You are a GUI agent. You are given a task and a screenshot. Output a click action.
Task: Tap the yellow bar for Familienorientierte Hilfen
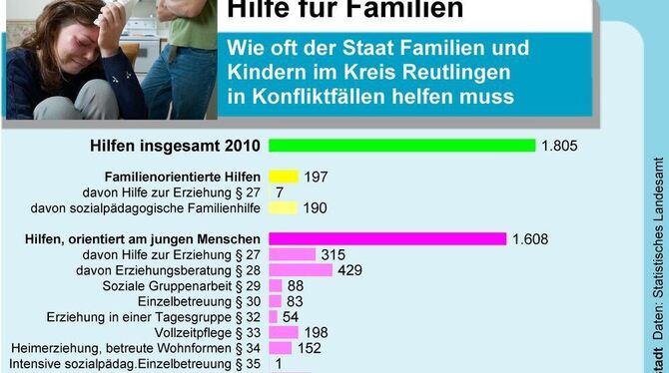[x=284, y=177]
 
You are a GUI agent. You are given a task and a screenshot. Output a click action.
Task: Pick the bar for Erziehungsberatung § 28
[x=300, y=270]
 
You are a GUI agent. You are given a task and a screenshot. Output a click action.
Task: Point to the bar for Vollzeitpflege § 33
[x=283, y=332]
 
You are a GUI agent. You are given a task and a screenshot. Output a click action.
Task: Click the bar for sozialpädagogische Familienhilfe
[x=283, y=207]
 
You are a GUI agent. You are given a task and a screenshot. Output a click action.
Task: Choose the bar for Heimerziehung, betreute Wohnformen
[x=280, y=348]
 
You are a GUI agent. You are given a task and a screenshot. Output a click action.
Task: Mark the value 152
[x=311, y=348]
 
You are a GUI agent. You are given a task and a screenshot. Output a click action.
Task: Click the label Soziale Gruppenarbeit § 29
[x=196, y=286]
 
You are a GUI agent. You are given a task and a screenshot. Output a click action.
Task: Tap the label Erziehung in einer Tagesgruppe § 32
[x=154, y=317]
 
